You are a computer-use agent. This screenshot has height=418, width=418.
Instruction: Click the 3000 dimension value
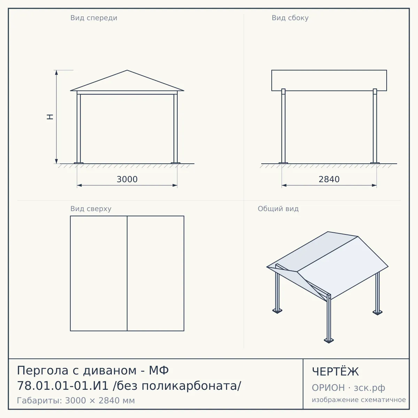point(127,179)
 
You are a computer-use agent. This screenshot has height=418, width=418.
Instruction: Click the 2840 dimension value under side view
point(329,179)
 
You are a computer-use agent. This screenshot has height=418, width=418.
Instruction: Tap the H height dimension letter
point(50,117)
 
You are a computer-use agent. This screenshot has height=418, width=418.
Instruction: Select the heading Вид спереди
point(94,18)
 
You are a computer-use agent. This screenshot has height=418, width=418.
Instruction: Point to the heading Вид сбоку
point(290,18)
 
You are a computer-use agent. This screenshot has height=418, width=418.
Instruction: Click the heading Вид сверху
point(91,209)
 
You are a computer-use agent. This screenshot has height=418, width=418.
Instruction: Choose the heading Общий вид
point(278,209)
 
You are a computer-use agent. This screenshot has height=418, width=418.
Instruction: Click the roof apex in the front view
point(127,70)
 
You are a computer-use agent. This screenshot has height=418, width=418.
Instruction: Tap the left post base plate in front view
point(78,163)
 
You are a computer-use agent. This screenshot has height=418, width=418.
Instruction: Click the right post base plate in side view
point(375,163)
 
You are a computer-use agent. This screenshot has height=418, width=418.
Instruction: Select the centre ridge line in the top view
point(127,273)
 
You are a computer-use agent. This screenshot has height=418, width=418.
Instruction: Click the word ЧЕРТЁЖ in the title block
point(335,372)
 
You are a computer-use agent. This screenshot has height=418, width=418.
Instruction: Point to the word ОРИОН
point(328,388)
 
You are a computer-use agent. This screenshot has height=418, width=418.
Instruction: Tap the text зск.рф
point(370,388)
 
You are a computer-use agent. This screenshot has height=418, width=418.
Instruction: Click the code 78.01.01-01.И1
point(63,386)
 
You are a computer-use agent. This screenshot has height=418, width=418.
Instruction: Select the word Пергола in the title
point(42,370)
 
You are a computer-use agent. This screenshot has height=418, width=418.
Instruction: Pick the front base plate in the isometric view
point(329,340)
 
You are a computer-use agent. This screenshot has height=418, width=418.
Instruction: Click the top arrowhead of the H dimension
point(56,72)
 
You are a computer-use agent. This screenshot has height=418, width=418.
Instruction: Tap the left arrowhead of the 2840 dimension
point(284,185)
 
